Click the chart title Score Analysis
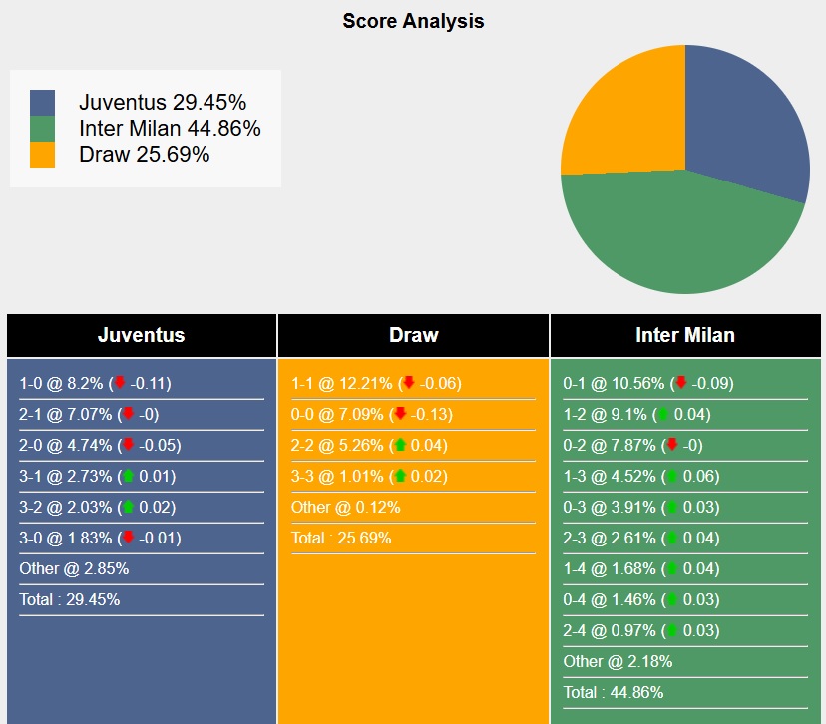click(413, 21)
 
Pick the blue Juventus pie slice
click(748, 120)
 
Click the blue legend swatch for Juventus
click(43, 103)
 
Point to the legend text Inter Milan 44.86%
click(170, 128)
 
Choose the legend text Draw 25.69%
click(145, 154)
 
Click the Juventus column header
click(141, 335)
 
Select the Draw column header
click(413, 335)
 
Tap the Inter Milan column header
click(685, 335)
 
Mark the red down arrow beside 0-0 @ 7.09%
click(400, 414)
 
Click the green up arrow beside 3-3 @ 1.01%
click(400, 476)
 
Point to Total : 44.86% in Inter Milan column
click(614, 692)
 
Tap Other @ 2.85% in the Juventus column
click(74, 569)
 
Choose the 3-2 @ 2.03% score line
click(97, 507)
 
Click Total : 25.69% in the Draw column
click(341, 539)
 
